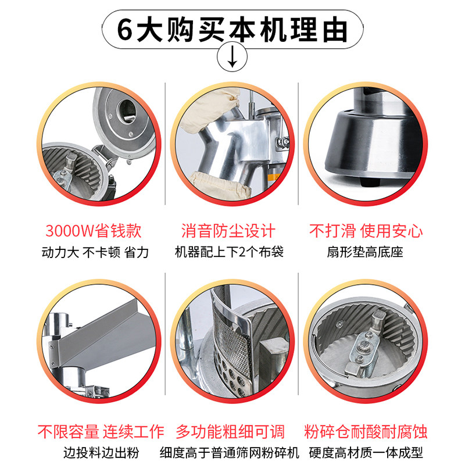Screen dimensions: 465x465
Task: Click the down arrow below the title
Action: [232, 56]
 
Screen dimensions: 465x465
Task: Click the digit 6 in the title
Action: [125, 30]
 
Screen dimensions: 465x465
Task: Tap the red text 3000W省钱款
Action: [94, 231]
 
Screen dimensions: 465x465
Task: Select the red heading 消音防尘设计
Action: [228, 231]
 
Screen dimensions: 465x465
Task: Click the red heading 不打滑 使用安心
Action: [366, 231]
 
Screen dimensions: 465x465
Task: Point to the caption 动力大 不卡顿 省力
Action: [95, 252]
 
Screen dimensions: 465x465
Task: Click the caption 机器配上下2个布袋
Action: [229, 252]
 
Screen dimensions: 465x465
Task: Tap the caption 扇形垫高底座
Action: [365, 252]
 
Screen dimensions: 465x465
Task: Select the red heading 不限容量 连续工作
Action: [101, 431]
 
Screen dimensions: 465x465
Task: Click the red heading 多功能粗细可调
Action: [230, 431]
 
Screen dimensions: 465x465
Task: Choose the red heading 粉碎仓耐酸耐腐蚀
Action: [366, 431]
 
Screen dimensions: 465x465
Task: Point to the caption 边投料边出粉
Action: [101, 453]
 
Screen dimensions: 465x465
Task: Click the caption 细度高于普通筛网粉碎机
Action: [229, 453]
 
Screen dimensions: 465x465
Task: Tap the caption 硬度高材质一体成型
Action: [366, 453]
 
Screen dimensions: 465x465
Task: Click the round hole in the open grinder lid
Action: [127, 111]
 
